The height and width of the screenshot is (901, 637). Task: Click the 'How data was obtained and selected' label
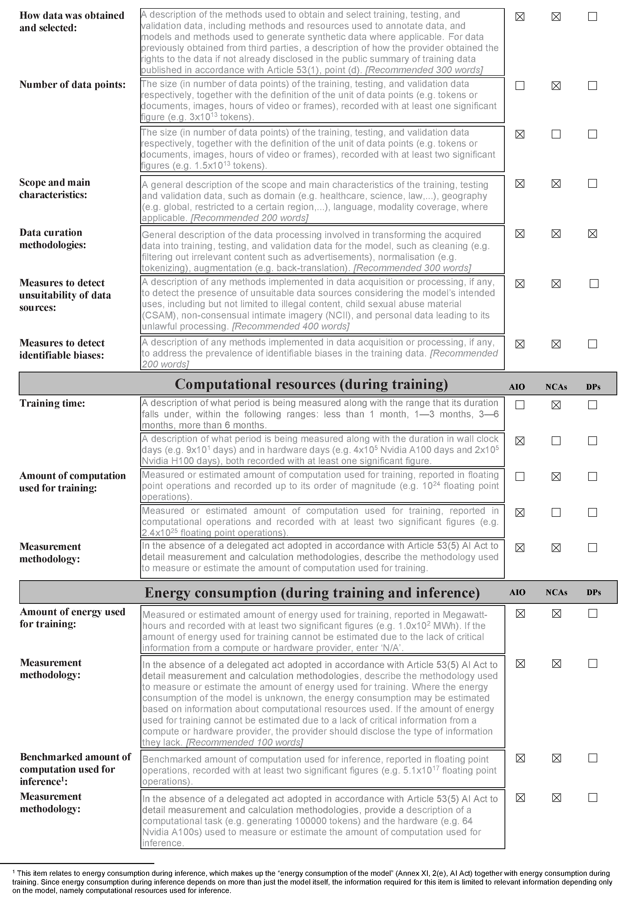point(72,22)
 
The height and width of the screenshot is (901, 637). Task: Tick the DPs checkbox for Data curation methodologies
point(592,234)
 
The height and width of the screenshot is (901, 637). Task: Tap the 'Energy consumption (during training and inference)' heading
point(312,593)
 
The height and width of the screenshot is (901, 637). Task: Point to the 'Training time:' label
point(52,403)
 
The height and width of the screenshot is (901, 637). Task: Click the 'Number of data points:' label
point(73,85)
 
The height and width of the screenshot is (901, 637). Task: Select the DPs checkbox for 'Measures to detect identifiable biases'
point(592,344)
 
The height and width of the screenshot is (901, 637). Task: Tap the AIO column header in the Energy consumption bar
point(517,593)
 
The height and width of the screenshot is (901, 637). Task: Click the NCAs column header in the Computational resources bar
point(556,387)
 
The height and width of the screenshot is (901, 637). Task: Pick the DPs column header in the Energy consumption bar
point(593,593)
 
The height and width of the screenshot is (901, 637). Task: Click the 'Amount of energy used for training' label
point(73,618)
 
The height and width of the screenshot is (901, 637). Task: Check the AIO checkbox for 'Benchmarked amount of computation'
point(520,758)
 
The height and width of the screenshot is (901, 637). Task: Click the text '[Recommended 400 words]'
point(291,326)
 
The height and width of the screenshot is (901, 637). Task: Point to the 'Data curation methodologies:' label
point(53,239)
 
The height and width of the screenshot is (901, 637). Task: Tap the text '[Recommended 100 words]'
point(244,743)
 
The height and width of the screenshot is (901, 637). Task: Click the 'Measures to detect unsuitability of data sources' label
point(65,295)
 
